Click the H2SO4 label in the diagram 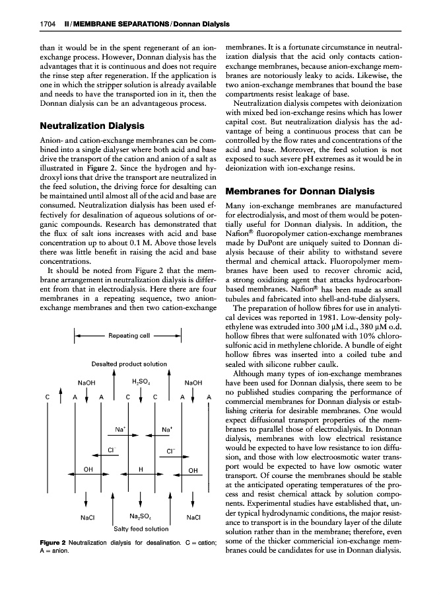[x=141, y=381]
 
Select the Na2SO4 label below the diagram [x=141, y=517]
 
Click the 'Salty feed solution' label [x=141, y=529]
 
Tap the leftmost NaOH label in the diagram [x=86, y=382]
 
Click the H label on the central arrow [x=141, y=469]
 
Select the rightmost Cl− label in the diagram [x=170, y=450]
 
